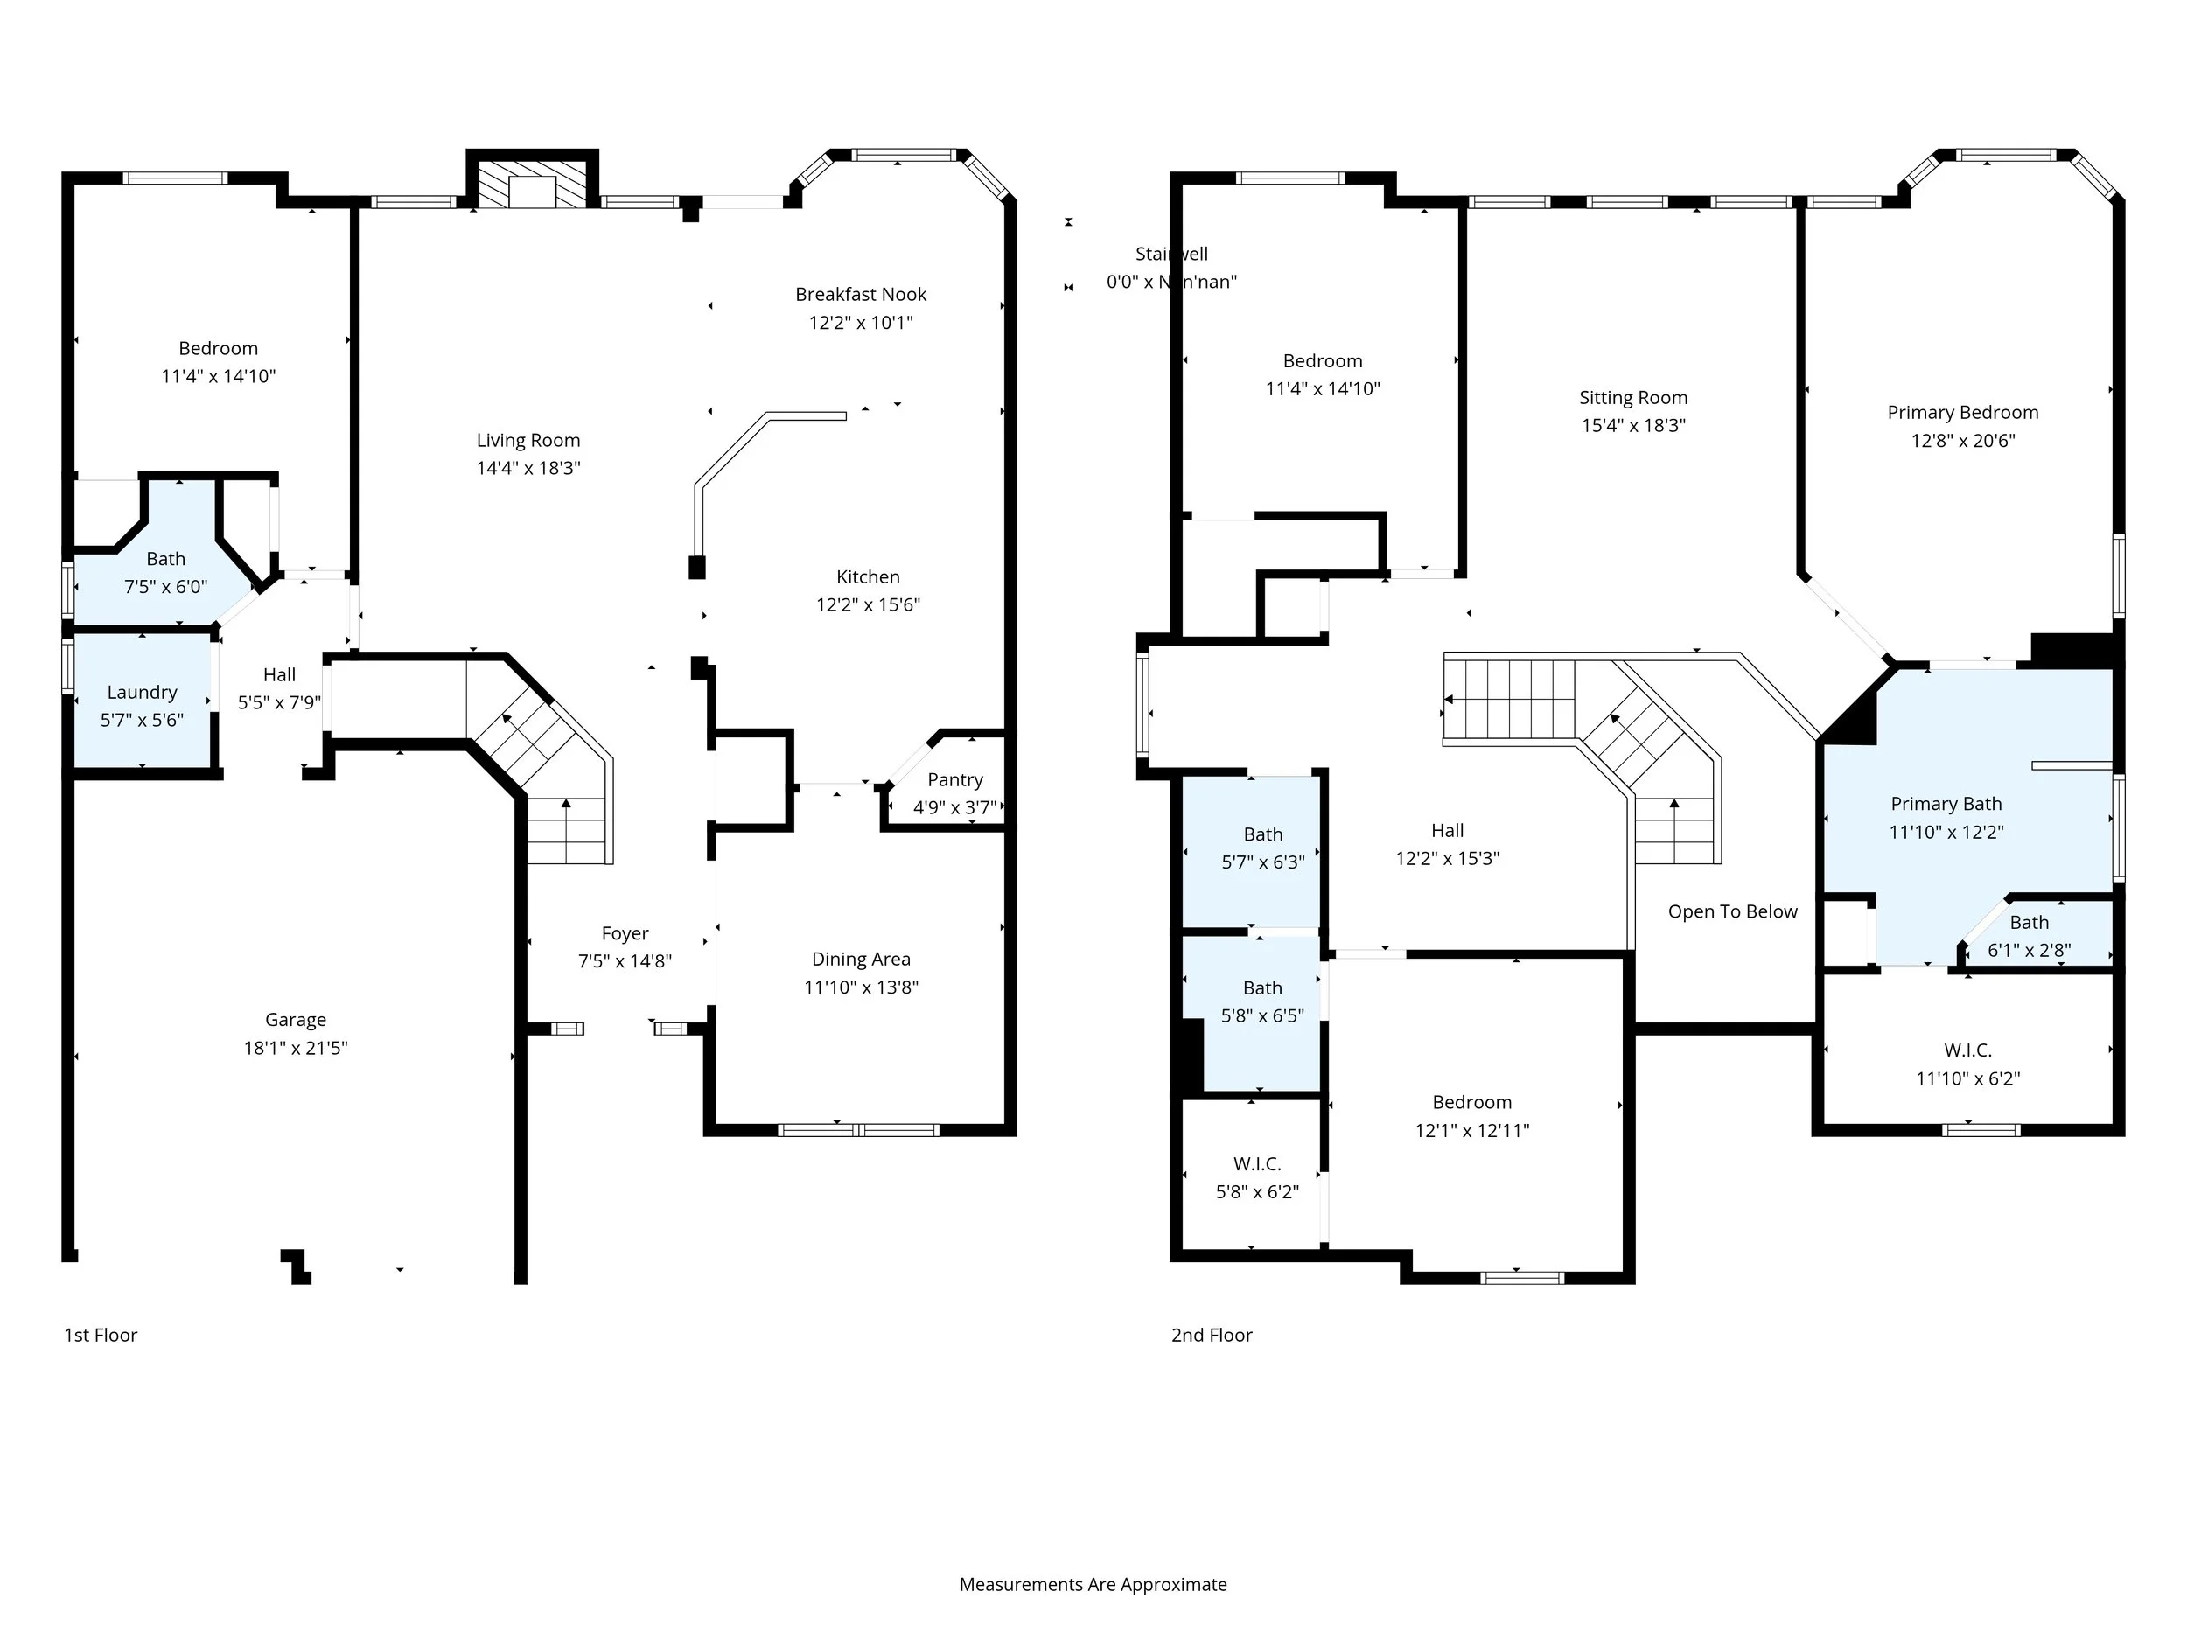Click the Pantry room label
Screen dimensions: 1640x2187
[954, 780]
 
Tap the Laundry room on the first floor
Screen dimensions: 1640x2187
[143, 704]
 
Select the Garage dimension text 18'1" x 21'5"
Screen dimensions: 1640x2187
[296, 1048]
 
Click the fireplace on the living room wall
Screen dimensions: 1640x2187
[532, 184]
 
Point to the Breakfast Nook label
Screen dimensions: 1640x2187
[860, 295]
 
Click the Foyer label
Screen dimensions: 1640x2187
[625, 933]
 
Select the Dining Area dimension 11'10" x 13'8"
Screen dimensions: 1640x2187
[860, 987]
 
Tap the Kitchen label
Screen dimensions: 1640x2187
[867, 576]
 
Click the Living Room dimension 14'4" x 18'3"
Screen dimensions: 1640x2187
[528, 468]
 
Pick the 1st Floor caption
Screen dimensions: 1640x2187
[101, 1335]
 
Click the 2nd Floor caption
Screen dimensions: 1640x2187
[1211, 1335]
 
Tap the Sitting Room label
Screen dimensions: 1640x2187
[1632, 397]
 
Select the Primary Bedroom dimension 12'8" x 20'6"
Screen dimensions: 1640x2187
[1961, 440]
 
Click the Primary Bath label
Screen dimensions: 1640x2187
[1946, 804]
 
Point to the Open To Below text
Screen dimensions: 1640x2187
[1732, 911]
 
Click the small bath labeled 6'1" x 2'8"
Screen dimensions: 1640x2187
[2029, 935]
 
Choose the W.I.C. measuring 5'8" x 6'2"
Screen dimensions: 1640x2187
[1256, 1177]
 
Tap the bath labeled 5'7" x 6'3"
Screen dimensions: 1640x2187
[1262, 848]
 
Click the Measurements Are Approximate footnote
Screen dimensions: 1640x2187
[1093, 1584]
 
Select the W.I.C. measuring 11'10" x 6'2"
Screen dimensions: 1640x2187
[1967, 1064]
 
